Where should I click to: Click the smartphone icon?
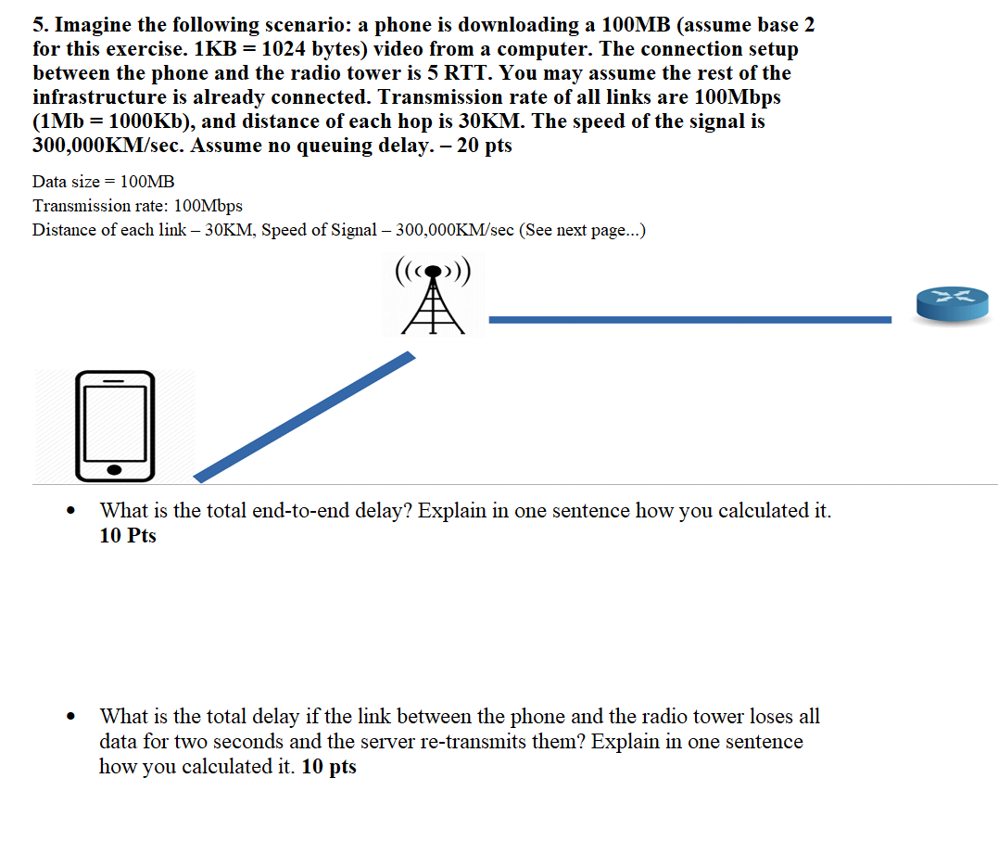point(115,426)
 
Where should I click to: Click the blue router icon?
point(952,303)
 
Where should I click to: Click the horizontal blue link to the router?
point(689,320)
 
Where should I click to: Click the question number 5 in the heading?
point(38,25)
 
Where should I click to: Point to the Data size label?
point(66,182)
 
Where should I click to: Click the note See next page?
point(583,230)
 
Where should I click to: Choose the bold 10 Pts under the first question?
point(128,536)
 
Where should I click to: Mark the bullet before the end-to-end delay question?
point(71,512)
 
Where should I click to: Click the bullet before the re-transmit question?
point(71,718)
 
